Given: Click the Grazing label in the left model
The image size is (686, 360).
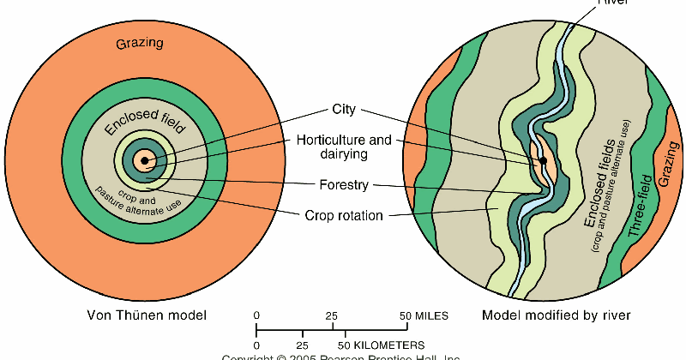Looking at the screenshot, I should pos(139,43).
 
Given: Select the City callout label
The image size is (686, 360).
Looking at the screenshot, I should pos(343,111).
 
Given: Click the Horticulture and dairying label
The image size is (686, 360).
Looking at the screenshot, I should pos(344,147).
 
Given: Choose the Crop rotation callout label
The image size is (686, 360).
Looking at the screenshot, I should pos(343,215).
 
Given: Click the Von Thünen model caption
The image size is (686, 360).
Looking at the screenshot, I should pos(147,315).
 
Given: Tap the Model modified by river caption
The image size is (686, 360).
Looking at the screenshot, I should pos(556,315).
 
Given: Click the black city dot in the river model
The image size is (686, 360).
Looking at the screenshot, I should pos(543,160).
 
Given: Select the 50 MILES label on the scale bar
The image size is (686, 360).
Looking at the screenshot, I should pos(423,315).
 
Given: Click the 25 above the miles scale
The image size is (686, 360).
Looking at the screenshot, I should pos(332,315).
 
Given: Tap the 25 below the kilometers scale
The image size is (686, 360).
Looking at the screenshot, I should pos(301,345).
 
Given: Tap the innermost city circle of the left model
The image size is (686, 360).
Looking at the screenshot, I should pos(143,159).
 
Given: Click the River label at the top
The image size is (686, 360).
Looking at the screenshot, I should pos(613,3).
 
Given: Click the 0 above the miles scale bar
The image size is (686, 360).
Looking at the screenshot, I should pos(256,315).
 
